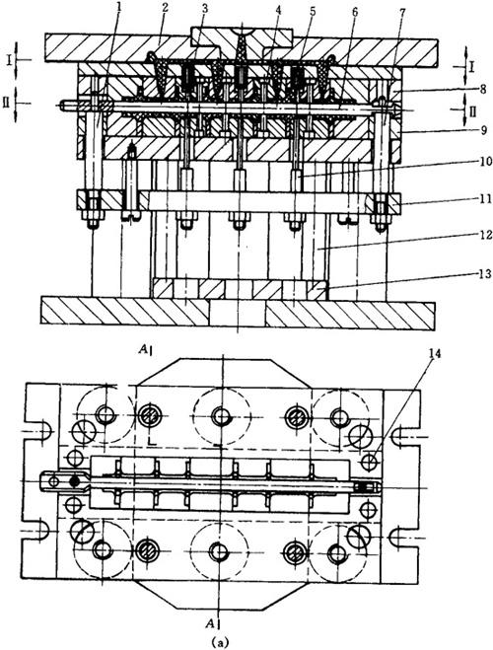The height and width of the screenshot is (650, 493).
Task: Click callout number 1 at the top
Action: (119, 7)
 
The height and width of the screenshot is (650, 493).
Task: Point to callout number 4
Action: (277, 10)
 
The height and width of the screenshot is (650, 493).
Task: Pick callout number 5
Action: (312, 10)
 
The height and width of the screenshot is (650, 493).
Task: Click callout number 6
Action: (355, 11)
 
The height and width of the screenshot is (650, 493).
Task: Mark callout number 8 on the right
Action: (481, 89)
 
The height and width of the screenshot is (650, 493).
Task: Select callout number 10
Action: (481, 161)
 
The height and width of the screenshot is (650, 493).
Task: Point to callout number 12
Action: (483, 235)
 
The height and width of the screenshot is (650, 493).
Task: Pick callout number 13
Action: (483, 273)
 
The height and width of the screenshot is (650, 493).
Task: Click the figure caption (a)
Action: (219, 642)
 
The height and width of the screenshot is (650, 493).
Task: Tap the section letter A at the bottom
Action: (212, 622)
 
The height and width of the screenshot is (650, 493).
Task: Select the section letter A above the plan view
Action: (143, 351)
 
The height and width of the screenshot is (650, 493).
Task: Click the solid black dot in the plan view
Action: (75, 481)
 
